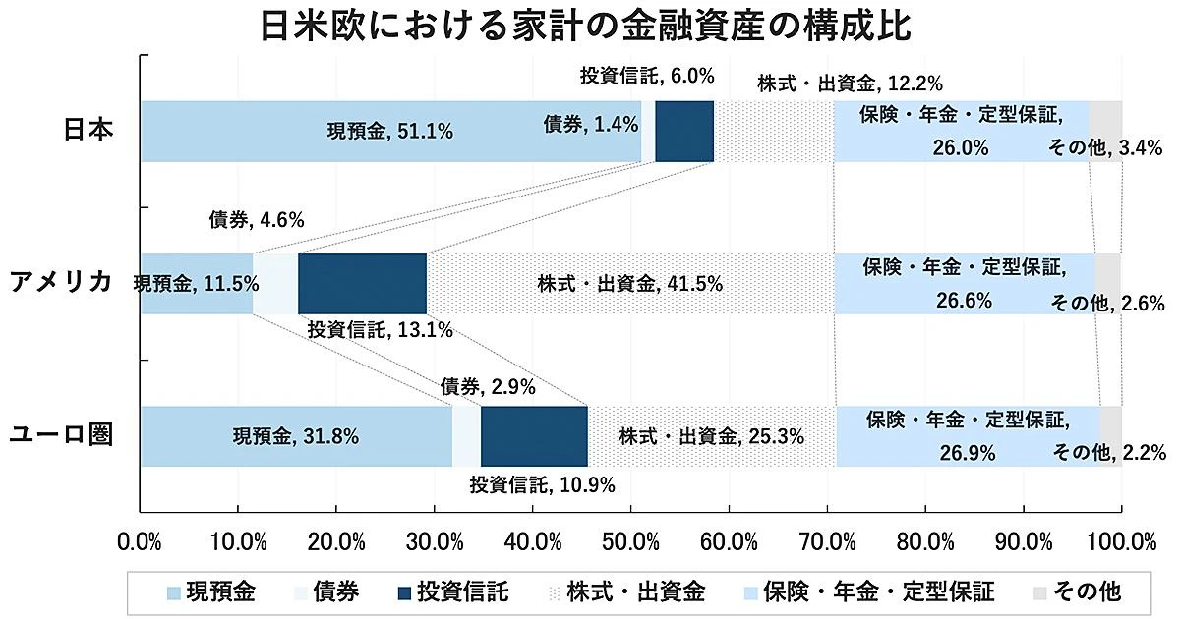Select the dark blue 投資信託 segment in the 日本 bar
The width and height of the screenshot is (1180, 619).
pyautogui.click(x=684, y=131)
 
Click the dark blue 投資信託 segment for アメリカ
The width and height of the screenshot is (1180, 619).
pyautogui.click(x=362, y=283)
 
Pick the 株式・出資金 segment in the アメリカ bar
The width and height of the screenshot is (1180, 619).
pyautogui.click(x=629, y=284)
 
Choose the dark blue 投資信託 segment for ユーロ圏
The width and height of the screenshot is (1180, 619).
pyautogui.click(x=534, y=435)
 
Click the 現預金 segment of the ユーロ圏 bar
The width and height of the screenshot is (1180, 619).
pyautogui.click(x=295, y=435)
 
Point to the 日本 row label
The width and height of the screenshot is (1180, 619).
pyautogui.click(x=88, y=131)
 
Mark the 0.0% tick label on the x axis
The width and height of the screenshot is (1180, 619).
pyautogui.click(x=139, y=541)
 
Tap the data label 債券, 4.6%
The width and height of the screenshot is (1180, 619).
pyautogui.click(x=257, y=220)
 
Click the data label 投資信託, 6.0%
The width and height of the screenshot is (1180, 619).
pyautogui.click(x=646, y=75)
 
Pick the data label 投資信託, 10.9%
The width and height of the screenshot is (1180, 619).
pyautogui.click(x=542, y=483)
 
